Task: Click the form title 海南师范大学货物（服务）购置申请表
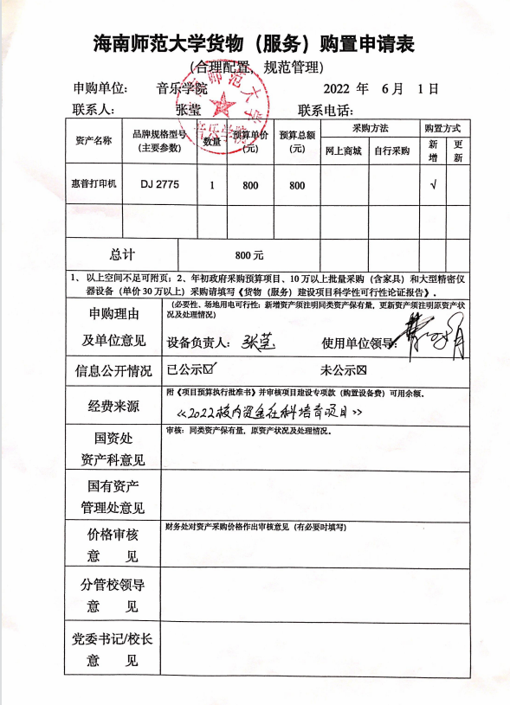click(x=255, y=44)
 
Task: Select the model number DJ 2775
click(x=158, y=185)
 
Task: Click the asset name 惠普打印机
click(x=94, y=185)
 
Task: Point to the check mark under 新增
click(x=433, y=185)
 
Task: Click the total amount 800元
click(x=249, y=255)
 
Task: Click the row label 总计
click(x=122, y=255)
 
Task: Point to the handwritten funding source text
click(x=268, y=412)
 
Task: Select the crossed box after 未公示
click(x=363, y=371)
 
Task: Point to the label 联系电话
click(x=326, y=110)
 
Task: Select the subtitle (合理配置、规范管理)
click(x=255, y=67)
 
